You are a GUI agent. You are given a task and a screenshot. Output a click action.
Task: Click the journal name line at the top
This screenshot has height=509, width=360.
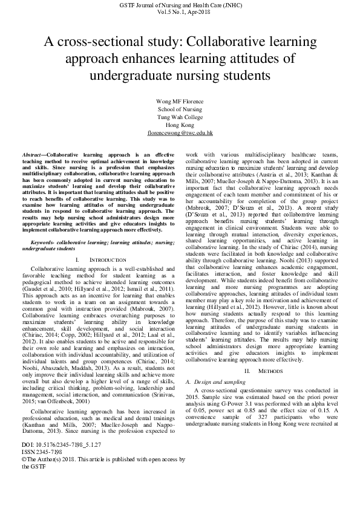click(180, 5)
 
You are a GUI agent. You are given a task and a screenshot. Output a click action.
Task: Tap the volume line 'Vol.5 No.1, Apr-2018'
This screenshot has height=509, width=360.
click(180, 11)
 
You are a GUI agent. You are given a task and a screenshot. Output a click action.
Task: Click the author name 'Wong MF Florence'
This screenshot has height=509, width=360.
click(180, 101)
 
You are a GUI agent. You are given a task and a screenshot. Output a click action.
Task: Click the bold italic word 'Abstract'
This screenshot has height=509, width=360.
click(31, 156)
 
